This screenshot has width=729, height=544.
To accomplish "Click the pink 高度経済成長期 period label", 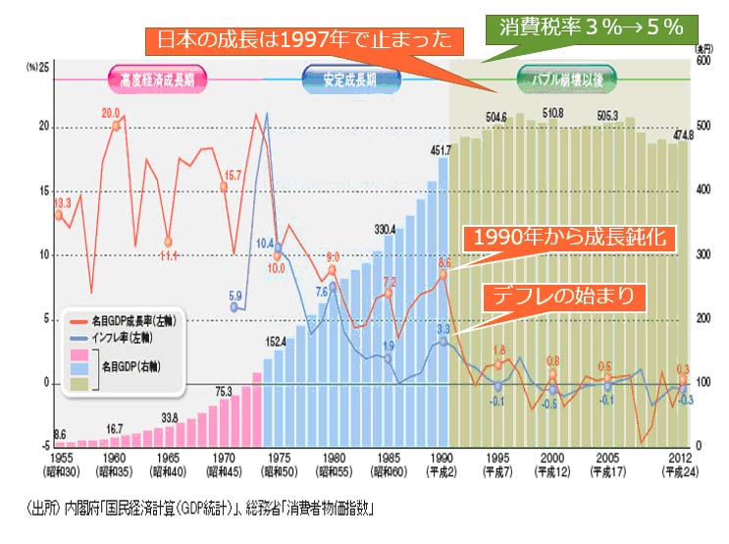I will (157, 79).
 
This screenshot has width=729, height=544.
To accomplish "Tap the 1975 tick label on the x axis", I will (279, 457).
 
